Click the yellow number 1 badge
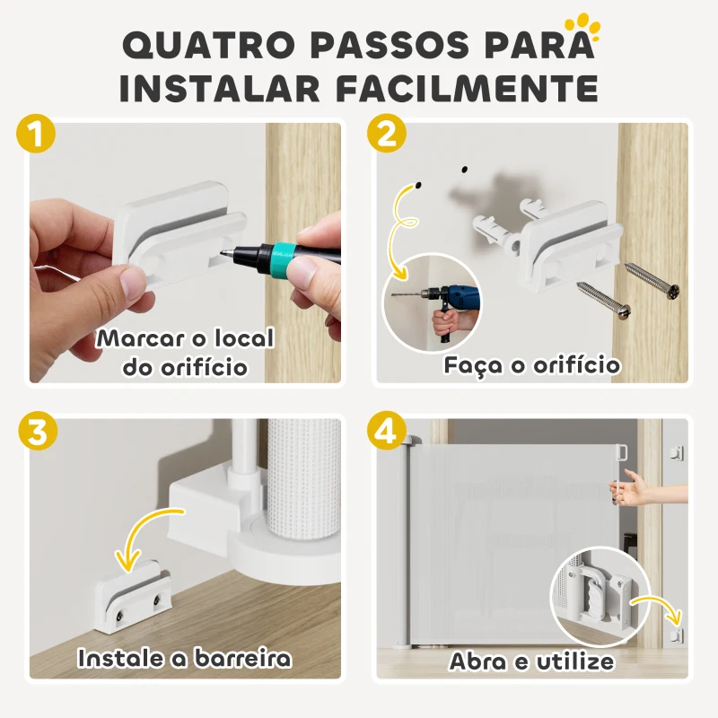click(x=35, y=136)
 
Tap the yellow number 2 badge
click(x=386, y=136)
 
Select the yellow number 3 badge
click(x=35, y=433)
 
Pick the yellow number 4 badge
click(x=386, y=433)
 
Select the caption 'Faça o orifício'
click(x=532, y=365)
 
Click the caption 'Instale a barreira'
click(x=185, y=659)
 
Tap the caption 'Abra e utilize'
click(x=532, y=662)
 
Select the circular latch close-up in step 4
click(x=594, y=591)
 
